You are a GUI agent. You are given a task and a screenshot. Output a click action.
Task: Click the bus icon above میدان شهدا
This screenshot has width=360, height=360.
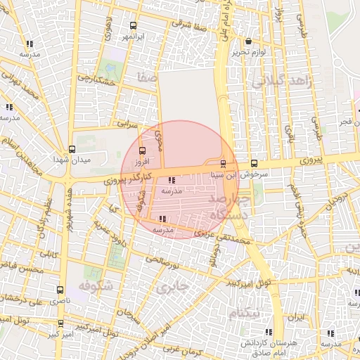pyautogui.click(x=72, y=149)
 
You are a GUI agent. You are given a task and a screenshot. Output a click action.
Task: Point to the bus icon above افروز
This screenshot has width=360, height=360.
pyautogui.click(x=143, y=150)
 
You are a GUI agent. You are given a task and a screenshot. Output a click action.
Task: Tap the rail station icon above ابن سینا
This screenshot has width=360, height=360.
pyautogui.click(x=224, y=164)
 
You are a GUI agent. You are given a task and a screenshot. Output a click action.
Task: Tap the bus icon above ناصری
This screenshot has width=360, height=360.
pyautogui.click(x=60, y=289)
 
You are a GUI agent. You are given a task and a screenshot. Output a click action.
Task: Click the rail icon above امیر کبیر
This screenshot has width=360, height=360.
pyautogui.click(x=60, y=323)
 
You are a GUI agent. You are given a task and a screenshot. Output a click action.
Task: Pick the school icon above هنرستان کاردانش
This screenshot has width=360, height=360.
pyautogui.click(x=268, y=332)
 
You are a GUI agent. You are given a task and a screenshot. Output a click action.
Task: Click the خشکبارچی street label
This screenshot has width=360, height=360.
pyautogui.click(x=96, y=83)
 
